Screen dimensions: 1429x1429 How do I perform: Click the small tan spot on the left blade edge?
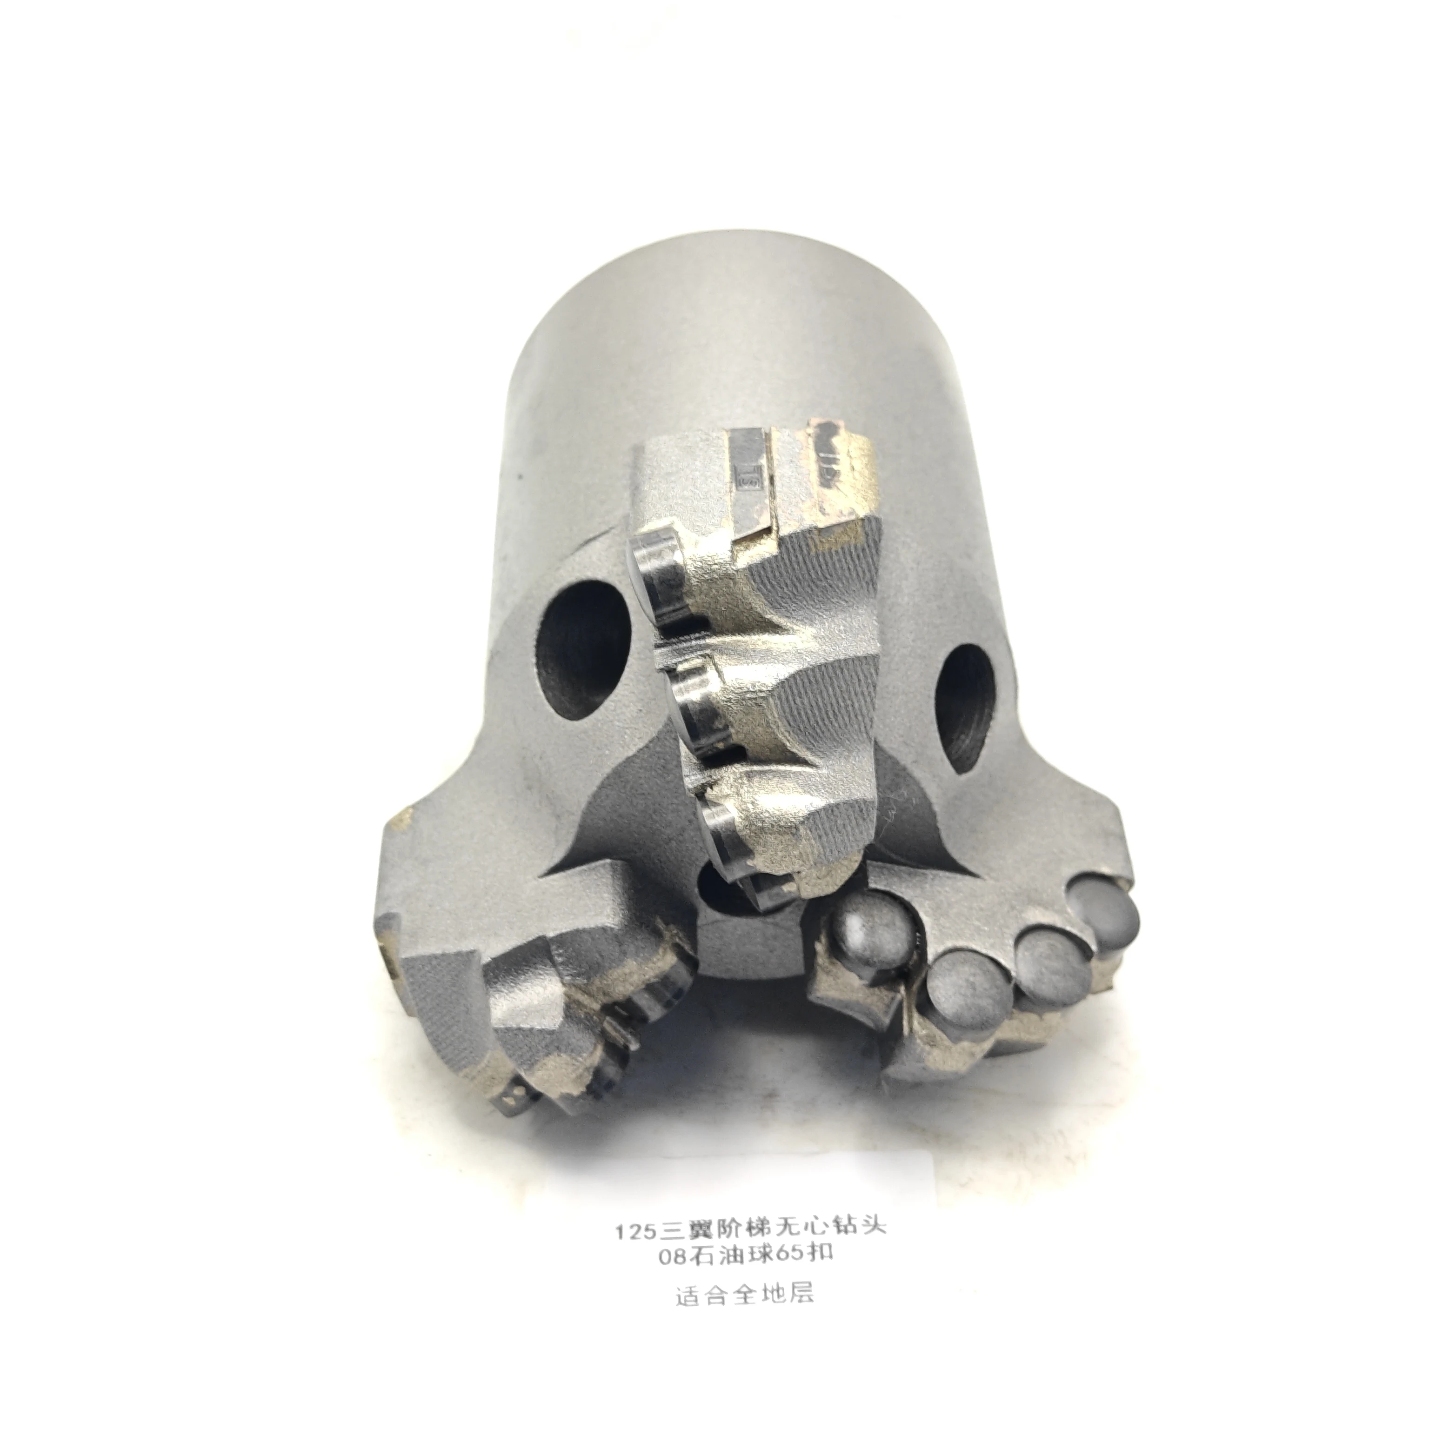(x=404, y=817)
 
